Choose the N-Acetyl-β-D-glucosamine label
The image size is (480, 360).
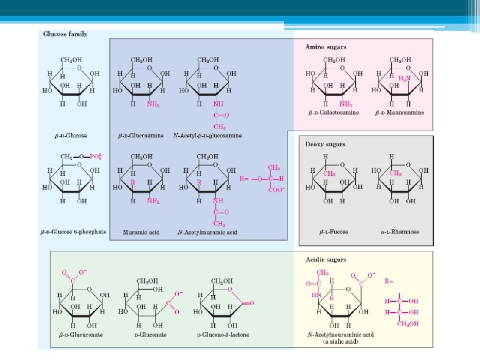208,136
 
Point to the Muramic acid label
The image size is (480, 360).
140,231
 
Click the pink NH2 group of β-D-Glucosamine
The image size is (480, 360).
154,103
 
